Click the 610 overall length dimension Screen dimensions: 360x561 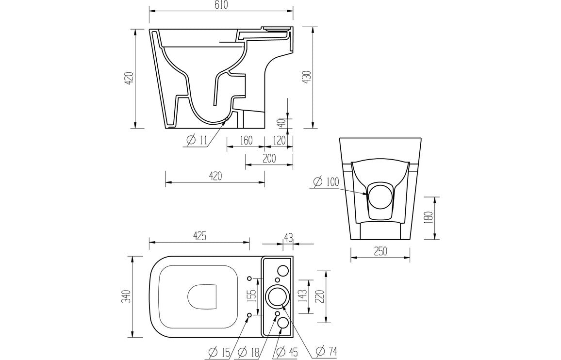[x=220, y=5]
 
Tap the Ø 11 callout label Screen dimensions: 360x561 [x=197, y=141]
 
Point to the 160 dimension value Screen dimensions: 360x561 [x=246, y=140]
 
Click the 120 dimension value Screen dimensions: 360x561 [x=279, y=140]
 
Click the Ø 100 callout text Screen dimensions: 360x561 [x=325, y=182]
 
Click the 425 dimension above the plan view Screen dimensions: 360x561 [x=199, y=236]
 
